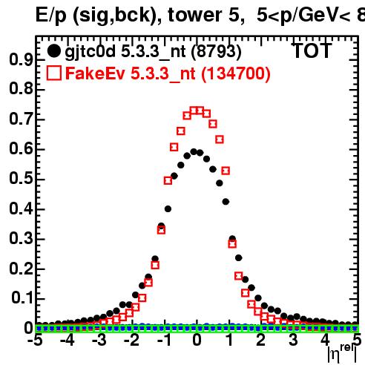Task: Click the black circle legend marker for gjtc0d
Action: coord(54,51)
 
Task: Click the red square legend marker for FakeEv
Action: coord(54,73)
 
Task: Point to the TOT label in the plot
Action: coord(312,50)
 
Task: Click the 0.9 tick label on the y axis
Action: coord(21,59)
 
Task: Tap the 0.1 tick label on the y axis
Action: coord(22,297)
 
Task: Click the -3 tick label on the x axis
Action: coord(99,340)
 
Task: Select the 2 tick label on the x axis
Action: coord(261,340)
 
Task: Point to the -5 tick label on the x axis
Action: coord(35,340)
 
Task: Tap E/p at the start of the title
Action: coord(51,16)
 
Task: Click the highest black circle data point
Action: coord(194,151)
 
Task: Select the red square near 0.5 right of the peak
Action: coord(226,171)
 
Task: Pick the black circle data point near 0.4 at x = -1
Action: coord(168,209)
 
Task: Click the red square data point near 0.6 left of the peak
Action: coord(174,147)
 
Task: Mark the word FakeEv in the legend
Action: coord(95,73)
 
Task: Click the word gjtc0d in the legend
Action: coord(90,52)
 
